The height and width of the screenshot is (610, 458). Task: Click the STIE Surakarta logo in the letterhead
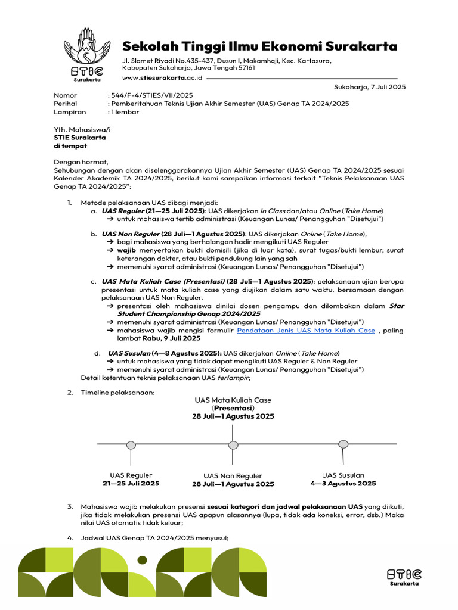87,57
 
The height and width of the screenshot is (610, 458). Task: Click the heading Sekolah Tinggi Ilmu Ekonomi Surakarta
259,46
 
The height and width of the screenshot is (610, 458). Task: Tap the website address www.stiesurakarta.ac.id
162,77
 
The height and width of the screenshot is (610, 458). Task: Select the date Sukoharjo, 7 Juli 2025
370,87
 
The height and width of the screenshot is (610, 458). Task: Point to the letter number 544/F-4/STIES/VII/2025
150,95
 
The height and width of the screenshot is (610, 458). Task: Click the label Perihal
65,104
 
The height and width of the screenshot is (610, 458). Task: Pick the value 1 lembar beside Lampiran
123,112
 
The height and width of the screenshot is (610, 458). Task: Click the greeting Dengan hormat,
81,162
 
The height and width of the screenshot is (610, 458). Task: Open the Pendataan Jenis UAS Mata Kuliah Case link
306,330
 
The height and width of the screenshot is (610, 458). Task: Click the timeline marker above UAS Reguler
131,444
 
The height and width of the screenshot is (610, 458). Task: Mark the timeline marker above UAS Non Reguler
232,444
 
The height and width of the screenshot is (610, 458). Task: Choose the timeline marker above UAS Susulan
343,443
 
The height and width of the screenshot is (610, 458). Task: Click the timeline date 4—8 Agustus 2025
343,484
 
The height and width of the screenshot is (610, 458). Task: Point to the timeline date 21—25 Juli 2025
131,484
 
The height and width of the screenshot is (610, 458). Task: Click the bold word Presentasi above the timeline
233,408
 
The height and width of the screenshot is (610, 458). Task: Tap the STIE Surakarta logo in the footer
403,576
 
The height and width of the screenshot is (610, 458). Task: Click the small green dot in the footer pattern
142,559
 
